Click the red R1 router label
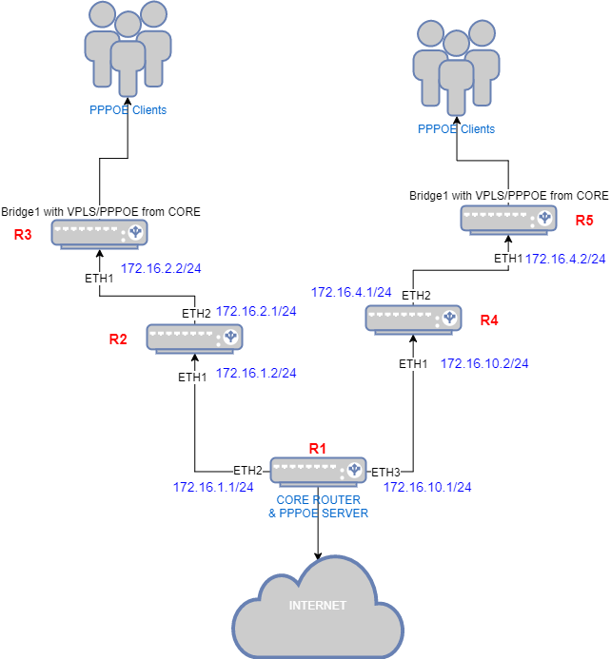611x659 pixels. point(317,447)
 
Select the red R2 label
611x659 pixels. point(118,338)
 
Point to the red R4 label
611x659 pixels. point(489,320)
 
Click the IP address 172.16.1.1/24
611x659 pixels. point(213,487)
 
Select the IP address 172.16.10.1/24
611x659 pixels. point(427,487)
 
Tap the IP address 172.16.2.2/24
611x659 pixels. point(161,269)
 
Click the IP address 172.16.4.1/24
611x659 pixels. point(351,292)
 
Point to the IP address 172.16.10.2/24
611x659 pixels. point(484,363)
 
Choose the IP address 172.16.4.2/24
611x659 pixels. point(565,258)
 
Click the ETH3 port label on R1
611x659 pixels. point(385,472)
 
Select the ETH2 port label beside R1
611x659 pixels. point(248,470)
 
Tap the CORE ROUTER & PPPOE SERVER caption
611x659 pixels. point(318,506)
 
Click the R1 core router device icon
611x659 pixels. point(318,471)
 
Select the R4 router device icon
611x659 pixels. point(414,319)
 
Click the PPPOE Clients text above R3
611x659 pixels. point(127,110)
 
